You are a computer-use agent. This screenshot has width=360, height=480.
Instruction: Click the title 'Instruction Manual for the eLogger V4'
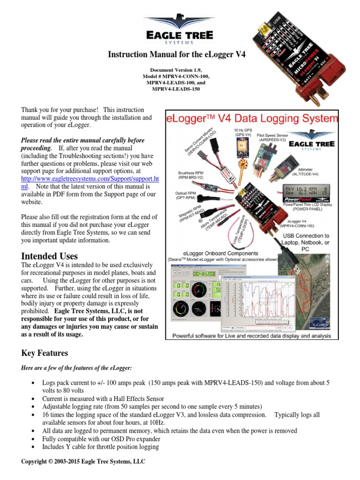pyautogui.click(x=177, y=54)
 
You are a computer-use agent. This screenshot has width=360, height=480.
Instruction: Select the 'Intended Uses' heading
pyautogui.click(x=50, y=256)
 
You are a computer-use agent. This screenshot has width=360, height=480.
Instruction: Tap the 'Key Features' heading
pyautogui.click(x=45, y=353)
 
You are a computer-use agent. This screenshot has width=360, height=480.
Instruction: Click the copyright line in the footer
pyautogui.click(x=83, y=462)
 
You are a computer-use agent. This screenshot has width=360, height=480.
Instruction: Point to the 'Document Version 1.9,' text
pyautogui.click(x=178, y=69)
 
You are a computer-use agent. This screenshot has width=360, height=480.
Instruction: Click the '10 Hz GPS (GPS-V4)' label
pyautogui.click(x=244, y=132)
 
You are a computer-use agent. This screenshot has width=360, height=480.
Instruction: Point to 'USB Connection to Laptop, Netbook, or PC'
pyautogui.click(x=305, y=242)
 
